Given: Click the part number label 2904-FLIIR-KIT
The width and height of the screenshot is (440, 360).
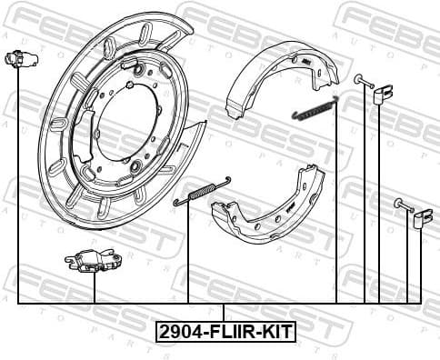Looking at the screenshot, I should click(x=225, y=333).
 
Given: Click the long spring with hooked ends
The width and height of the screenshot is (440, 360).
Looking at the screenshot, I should click(x=202, y=194).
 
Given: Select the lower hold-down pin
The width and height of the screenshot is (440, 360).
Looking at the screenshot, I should click(x=404, y=205).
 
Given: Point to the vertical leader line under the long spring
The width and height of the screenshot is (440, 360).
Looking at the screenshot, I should click(x=188, y=255).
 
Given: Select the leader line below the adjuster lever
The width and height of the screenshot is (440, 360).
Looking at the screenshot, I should click(x=94, y=288).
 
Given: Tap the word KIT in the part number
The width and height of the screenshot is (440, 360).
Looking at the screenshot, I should click(x=273, y=333).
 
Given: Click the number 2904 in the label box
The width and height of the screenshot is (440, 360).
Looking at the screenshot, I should click(x=178, y=333).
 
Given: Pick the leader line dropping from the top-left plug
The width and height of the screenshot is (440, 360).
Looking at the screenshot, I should click(x=18, y=182).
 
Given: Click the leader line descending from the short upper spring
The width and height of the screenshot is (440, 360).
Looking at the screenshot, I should click(x=336, y=209).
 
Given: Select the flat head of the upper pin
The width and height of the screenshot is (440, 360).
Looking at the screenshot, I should click(x=357, y=80).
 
